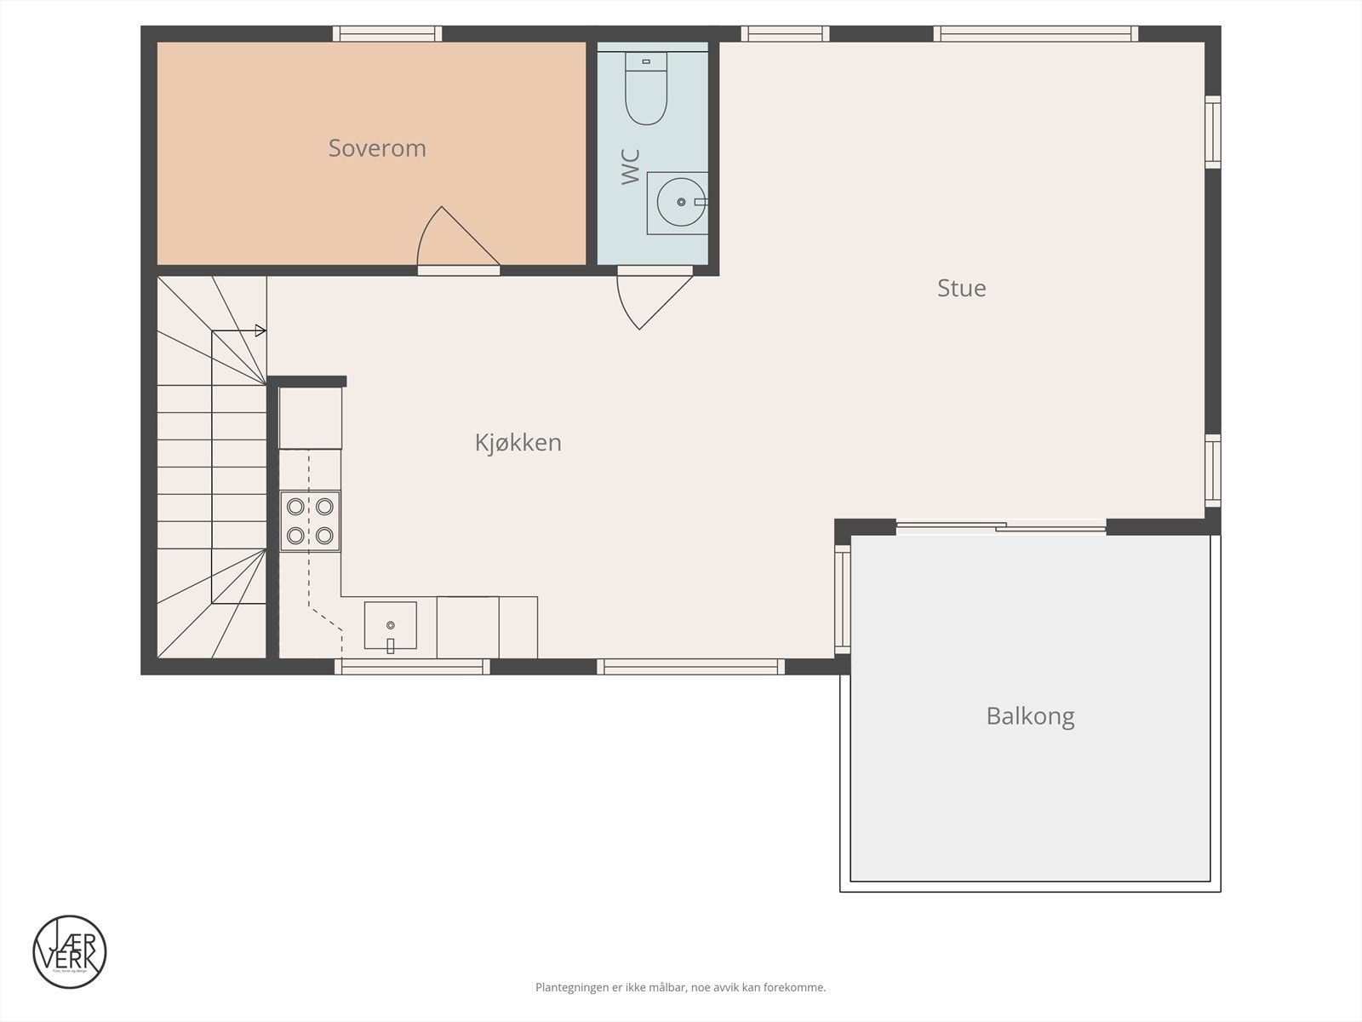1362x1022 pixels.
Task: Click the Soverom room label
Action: click(377, 148)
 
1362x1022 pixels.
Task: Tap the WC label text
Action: click(631, 166)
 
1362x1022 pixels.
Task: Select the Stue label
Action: click(961, 288)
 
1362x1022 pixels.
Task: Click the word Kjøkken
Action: click(518, 443)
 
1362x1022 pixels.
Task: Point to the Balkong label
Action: click(1030, 715)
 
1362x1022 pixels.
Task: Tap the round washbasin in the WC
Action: click(679, 202)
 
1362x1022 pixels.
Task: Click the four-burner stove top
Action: click(310, 520)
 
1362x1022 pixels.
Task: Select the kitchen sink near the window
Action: click(391, 625)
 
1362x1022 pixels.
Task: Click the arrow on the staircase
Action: click(260, 330)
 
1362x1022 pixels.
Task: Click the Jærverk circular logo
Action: click(70, 952)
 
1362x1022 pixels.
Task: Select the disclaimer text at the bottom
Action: click(680, 988)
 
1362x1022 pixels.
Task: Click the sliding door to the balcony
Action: click(1001, 528)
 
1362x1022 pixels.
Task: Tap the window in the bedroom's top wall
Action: click(386, 34)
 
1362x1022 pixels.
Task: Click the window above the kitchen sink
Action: click(412, 667)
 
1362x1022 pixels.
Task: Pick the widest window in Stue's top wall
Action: click(1035, 34)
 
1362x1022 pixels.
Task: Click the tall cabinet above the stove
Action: click(310, 417)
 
